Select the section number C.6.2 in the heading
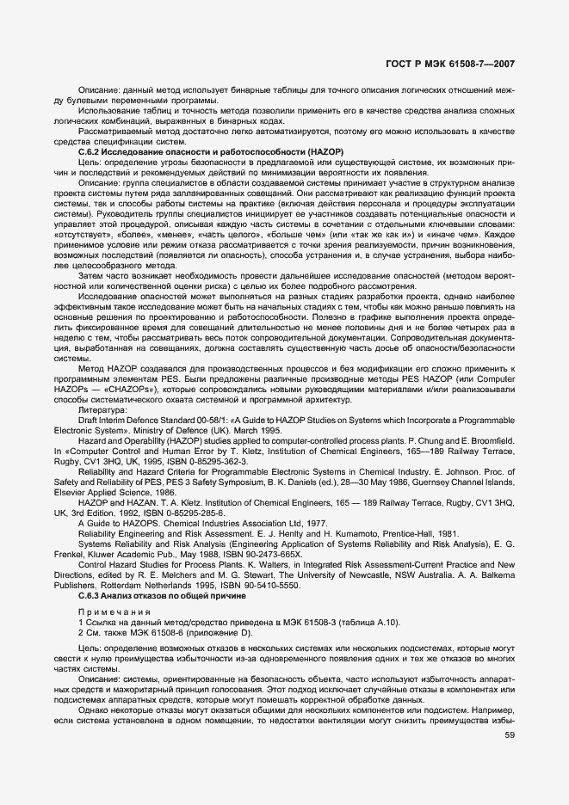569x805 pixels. (x=90, y=151)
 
